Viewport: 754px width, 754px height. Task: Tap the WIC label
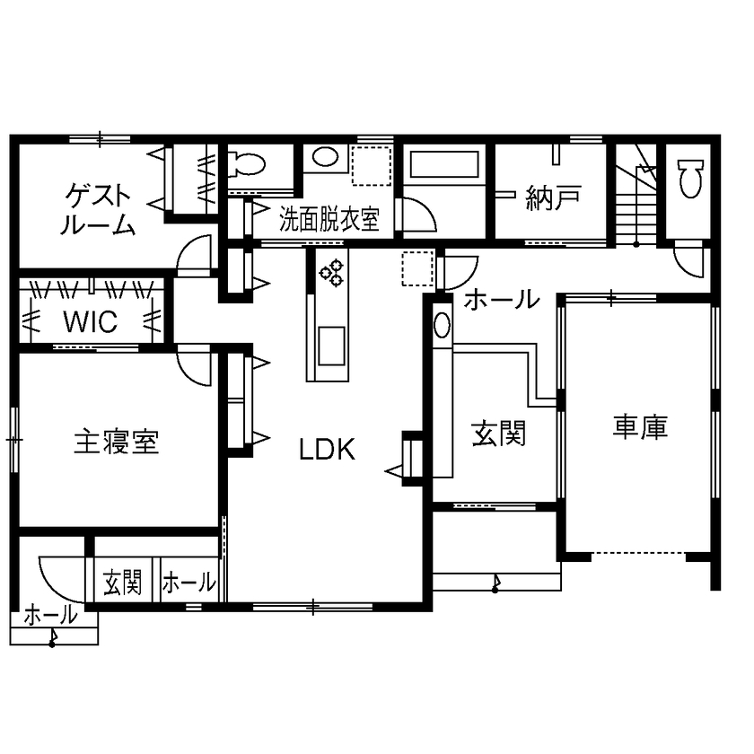click(90, 321)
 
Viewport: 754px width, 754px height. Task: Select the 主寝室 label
click(116, 442)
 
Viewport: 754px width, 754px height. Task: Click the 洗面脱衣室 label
click(329, 220)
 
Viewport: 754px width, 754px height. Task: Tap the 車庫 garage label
click(640, 427)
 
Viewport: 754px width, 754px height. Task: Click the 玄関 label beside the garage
click(498, 435)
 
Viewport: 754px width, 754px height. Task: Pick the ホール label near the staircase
click(500, 299)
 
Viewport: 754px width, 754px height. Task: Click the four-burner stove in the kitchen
click(332, 272)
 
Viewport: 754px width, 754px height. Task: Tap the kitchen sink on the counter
click(329, 342)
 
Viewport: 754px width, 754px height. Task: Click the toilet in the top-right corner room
click(689, 177)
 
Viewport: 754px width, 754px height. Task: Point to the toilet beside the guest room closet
click(247, 163)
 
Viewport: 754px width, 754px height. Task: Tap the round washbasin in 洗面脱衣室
click(324, 158)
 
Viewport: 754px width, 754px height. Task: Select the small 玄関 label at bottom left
click(122, 583)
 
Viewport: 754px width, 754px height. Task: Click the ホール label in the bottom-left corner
click(49, 617)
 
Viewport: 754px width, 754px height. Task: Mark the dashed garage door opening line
click(639, 553)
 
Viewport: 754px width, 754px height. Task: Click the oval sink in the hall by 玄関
click(443, 325)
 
